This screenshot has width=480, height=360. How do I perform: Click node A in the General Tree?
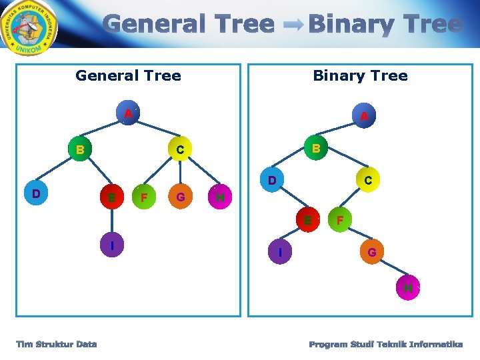coord(127,114)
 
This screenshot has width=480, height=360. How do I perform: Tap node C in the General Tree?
coord(180,150)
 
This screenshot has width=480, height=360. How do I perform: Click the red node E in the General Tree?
coord(111,197)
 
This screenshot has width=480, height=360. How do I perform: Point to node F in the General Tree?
coord(143,197)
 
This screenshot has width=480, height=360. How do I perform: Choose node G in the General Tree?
coord(181,197)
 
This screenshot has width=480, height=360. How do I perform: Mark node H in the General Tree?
coord(221,197)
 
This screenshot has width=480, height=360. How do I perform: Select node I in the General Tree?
coord(112,246)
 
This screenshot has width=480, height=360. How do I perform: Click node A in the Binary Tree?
coord(364,117)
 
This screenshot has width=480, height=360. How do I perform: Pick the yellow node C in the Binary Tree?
coord(367,180)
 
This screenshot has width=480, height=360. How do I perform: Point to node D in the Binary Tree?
coord(272,181)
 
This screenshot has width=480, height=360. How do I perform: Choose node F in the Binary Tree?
coord(340,219)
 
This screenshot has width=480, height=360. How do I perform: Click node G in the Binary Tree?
coord(372,252)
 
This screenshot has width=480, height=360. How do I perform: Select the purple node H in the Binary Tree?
coord(407,288)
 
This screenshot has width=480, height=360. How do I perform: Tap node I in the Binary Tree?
coord(280,252)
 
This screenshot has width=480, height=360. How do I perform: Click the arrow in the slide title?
coord(291,25)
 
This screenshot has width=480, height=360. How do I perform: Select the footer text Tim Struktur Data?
coord(57,344)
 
